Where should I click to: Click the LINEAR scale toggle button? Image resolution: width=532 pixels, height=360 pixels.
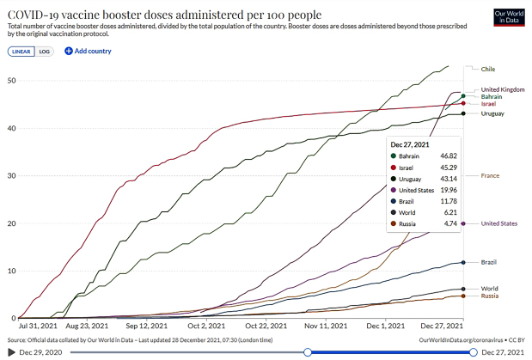(21, 52)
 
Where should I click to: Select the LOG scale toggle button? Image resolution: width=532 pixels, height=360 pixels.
(44, 52)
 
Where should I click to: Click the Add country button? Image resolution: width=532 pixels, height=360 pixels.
(88, 52)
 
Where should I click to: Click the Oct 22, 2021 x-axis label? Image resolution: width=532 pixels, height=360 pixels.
(263, 326)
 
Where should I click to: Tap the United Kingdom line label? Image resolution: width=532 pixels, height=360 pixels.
(502, 89)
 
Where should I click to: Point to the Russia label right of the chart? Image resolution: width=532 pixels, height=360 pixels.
(490, 296)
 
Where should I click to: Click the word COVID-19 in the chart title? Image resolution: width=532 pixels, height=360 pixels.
(39, 15)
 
